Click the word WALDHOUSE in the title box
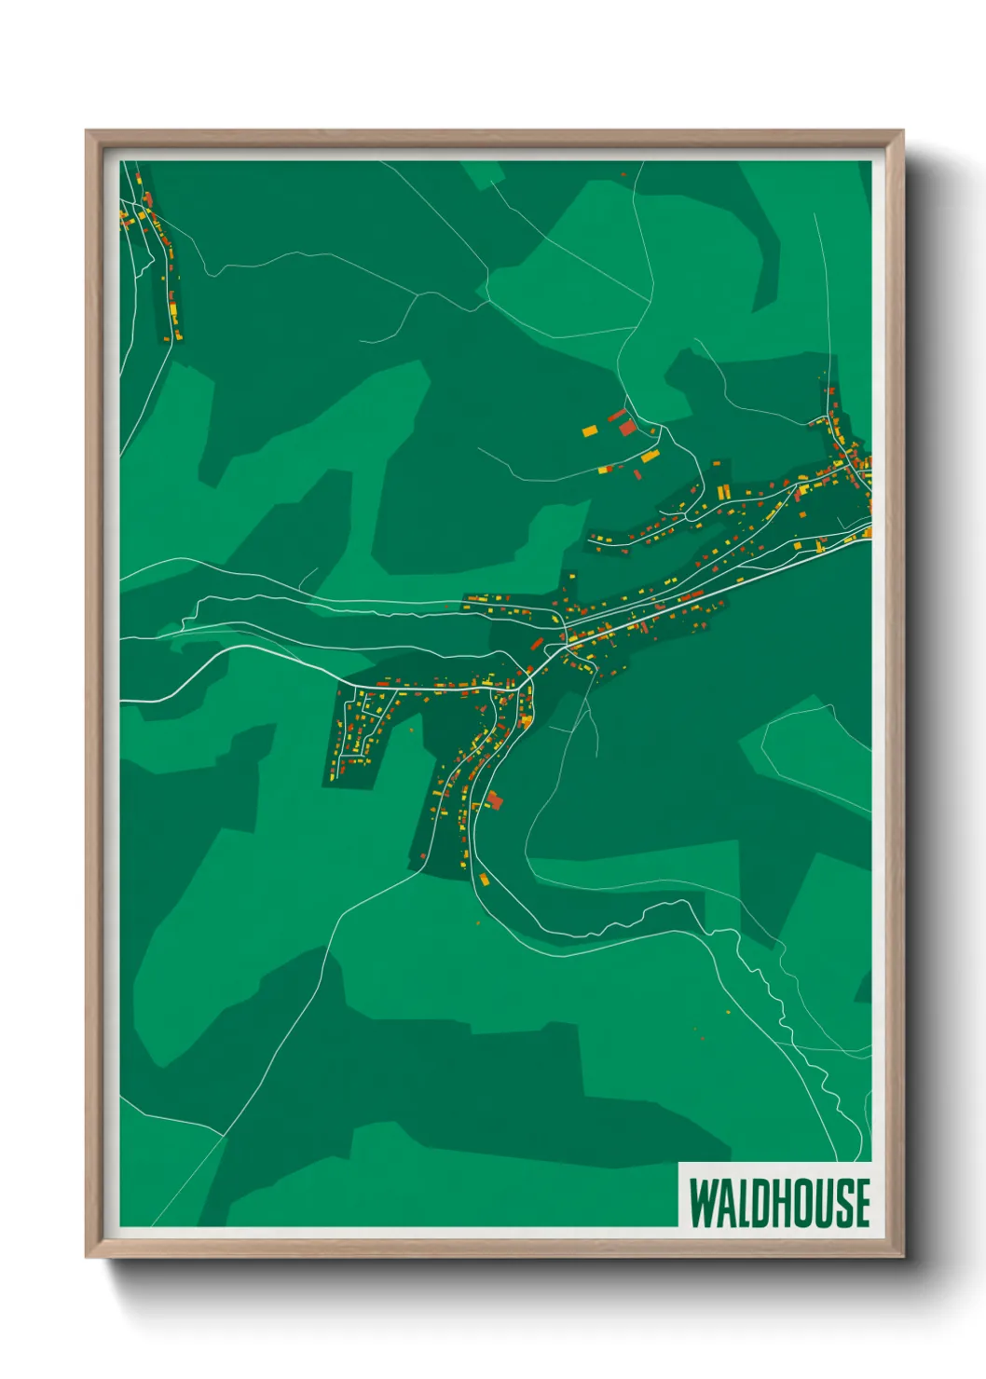coord(779,1202)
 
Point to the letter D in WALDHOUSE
coord(760,1202)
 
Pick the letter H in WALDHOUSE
coord(782,1202)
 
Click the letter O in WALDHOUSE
coord(803,1202)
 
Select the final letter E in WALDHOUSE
coord(862,1202)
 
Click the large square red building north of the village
coord(628,428)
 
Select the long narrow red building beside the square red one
coord(616,416)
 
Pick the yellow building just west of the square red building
coord(589,430)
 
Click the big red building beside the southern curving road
coord(494,799)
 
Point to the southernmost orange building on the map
coord(483,878)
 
